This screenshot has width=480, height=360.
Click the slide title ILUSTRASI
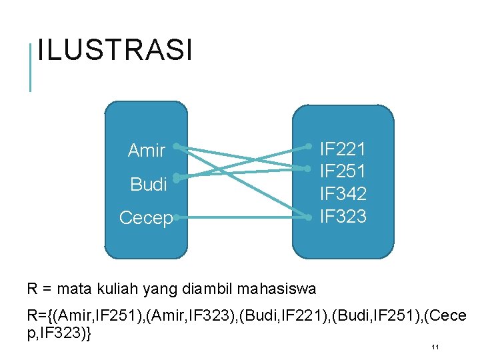click(x=115, y=51)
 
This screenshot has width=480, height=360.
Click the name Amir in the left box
click(x=146, y=151)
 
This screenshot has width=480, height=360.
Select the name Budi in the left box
click(x=149, y=185)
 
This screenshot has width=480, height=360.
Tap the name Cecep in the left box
click(x=145, y=218)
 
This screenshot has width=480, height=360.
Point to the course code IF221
click(x=343, y=148)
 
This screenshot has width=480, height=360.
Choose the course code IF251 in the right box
click(x=343, y=171)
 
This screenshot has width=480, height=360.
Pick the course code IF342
click(x=343, y=194)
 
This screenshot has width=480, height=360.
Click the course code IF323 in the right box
click(x=343, y=217)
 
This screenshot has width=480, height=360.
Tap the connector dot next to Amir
click(x=176, y=145)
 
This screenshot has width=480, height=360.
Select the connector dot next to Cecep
click(x=176, y=217)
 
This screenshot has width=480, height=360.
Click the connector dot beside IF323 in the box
click(x=309, y=217)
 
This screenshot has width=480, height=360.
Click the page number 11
click(x=434, y=347)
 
